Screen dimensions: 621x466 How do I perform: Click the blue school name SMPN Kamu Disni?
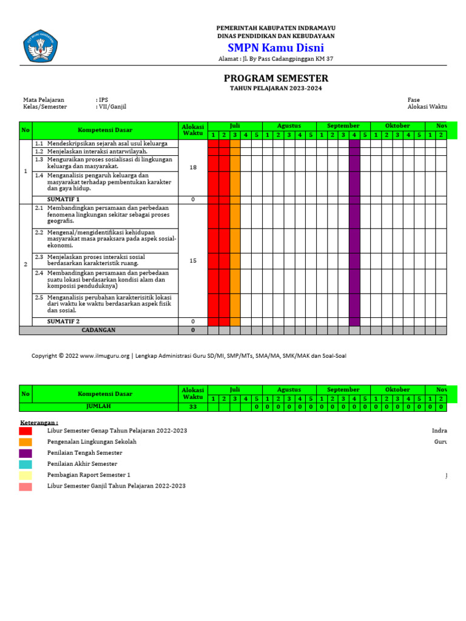(x=275, y=48)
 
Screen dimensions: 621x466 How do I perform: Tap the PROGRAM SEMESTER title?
(x=276, y=78)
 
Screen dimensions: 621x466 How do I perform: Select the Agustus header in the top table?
(x=289, y=126)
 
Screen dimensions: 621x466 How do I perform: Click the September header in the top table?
(x=343, y=126)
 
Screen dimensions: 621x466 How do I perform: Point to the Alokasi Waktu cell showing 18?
(x=193, y=167)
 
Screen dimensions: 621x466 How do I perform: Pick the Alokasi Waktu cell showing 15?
(x=193, y=261)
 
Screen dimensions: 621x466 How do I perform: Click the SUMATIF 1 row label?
(x=64, y=200)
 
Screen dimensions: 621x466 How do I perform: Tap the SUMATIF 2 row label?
(x=64, y=321)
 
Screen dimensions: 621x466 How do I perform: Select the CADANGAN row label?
(x=98, y=331)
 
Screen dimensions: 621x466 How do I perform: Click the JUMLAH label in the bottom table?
(x=98, y=408)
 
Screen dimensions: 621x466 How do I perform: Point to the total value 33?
(x=193, y=408)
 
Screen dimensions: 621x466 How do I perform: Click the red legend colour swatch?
(x=25, y=431)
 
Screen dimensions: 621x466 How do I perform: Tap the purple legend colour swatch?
(x=25, y=453)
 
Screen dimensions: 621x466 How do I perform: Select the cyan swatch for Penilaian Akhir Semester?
(x=25, y=464)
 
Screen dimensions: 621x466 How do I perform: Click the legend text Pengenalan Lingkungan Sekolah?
(x=92, y=442)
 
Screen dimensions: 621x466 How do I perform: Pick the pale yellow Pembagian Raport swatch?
(x=25, y=475)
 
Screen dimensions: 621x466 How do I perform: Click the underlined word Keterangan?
(x=39, y=421)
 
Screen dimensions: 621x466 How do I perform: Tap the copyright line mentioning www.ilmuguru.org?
(x=189, y=356)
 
